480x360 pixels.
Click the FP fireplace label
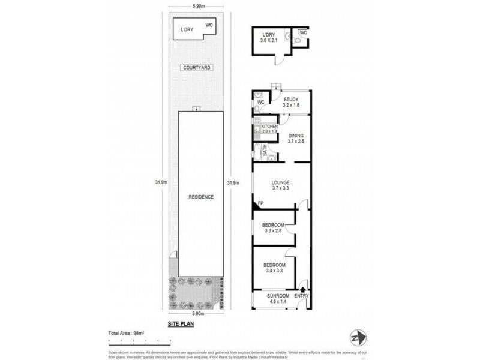point(260,205)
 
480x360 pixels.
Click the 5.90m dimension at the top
point(198,7)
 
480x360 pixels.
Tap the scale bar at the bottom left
point(140,340)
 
